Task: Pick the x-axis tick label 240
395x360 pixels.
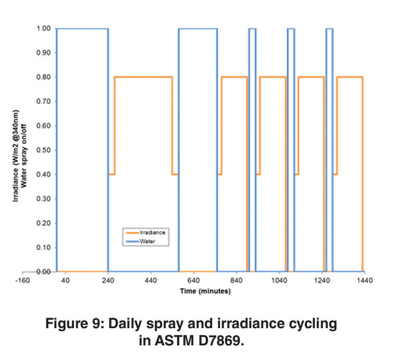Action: pyautogui.click(x=108, y=281)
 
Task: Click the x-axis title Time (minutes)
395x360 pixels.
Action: pyautogui.click(x=205, y=291)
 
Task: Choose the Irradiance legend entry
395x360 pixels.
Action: pyautogui.click(x=151, y=232)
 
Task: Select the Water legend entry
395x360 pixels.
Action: pyautogui.click(x=147, y=242)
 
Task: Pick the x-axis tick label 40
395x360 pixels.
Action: pyautogui.click(x=66, y=281)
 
